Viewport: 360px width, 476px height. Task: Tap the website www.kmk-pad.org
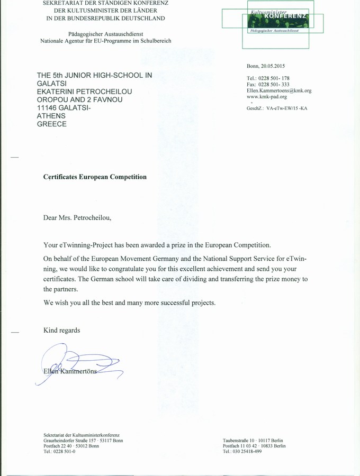point(267,97)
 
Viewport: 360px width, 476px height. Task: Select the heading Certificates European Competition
point(95,177)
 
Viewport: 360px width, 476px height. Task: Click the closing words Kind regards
point(61,330)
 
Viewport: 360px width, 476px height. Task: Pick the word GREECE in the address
point(51,124)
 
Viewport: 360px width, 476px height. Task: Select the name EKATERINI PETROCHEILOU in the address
point(84,91)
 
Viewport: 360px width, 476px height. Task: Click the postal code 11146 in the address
point(47,108)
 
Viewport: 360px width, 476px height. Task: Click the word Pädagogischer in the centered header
point(86,34)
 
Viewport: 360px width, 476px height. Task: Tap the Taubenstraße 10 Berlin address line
point(253,440)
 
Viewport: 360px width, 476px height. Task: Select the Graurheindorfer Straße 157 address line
point(83,440)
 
